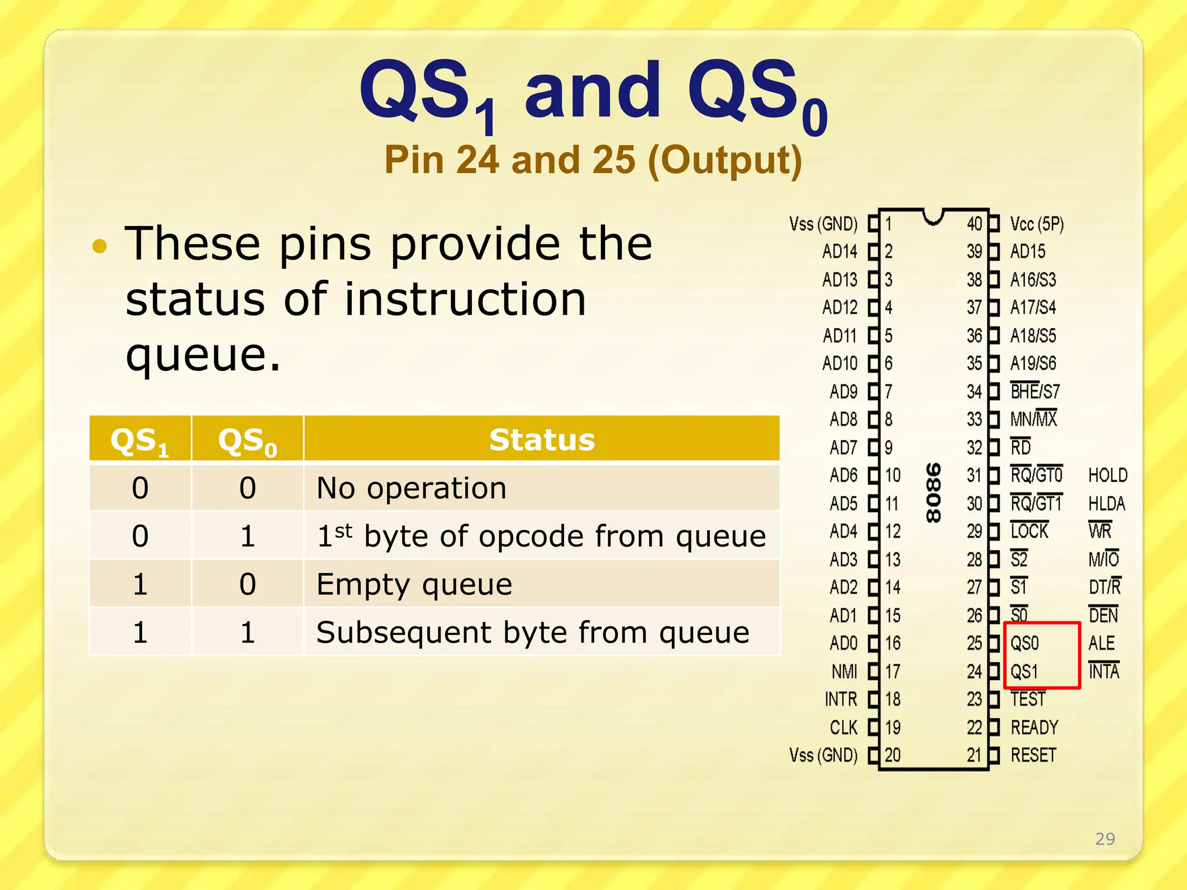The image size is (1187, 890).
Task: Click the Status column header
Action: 541,439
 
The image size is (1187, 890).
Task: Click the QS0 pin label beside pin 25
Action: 1025,643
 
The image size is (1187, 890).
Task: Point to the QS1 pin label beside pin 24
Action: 1024,672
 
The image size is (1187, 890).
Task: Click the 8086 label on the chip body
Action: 933,493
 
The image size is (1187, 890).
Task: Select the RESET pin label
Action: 1033,755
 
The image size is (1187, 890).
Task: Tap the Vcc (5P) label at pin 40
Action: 1037,224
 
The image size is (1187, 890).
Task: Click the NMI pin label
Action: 844,672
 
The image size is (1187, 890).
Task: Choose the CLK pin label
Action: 843,727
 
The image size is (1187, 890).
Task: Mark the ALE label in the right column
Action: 1101,643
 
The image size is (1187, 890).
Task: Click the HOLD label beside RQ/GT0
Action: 1108,475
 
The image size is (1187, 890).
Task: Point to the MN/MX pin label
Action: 1033,418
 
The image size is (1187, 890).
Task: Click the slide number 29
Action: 1105,838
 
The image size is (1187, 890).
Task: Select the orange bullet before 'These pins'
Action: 100,246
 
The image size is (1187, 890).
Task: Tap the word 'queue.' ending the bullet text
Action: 203,355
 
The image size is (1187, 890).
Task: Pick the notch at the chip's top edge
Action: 933,216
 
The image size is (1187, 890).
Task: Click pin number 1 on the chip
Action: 889,224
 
